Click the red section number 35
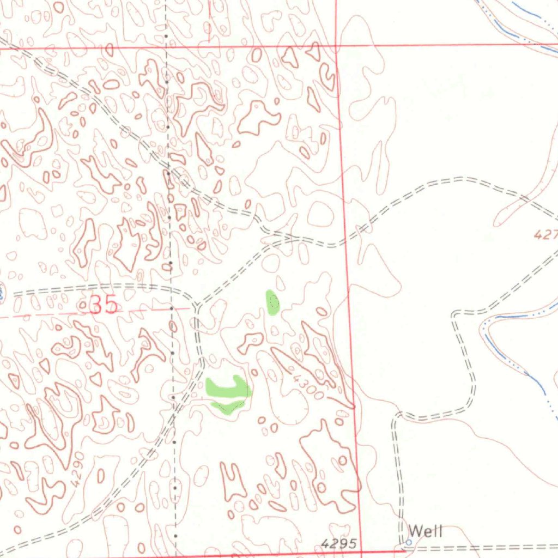tap(104, 305)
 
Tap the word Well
tap(426, 531)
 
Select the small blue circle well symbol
tap(409, 542)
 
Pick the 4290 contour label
tap(78, 468)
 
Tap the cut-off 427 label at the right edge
tap(545, 235)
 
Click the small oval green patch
tap(272, 303)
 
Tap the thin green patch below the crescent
tap(228, 406)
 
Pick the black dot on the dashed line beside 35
tap(172, 308)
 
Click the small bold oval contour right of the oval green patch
tap(322, 312)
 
